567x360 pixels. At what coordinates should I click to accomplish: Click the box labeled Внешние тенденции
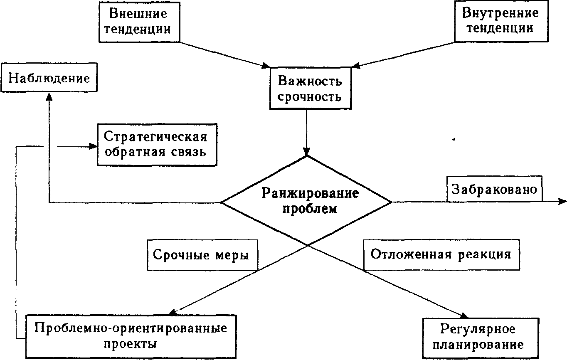pos(139,21)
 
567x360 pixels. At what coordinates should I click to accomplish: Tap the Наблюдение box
pos(49,78)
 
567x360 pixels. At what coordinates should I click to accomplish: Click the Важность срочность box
pos(310,89)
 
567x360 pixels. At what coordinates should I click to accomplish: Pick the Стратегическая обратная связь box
pos(157,144)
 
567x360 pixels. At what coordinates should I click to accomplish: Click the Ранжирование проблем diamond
pos(306,201)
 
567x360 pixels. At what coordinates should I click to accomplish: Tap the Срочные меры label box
pos(202,254)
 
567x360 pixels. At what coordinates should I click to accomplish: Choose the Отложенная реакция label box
pos(441,254)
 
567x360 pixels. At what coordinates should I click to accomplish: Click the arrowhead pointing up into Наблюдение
pos(49,96)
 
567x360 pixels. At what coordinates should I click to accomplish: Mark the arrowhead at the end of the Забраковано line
pos(562,202)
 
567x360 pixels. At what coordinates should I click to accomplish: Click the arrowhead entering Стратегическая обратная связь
pos(92,146)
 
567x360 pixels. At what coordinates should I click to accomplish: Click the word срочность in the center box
pos(310,97)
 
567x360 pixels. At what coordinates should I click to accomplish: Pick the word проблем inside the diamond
pos(310,208)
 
